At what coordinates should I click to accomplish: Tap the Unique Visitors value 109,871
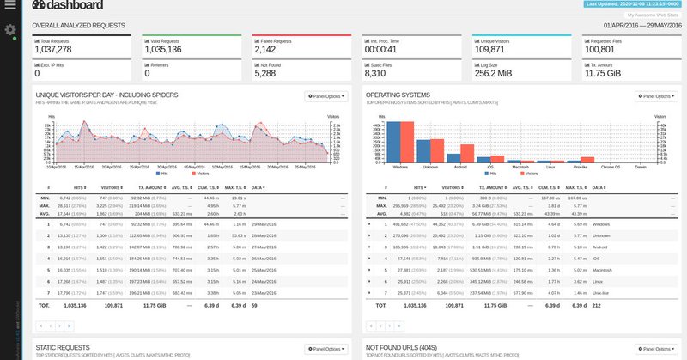(490, 49)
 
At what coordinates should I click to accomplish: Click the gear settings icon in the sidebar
(11, 31)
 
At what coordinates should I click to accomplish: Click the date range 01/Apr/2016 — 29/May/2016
(637, 26)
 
